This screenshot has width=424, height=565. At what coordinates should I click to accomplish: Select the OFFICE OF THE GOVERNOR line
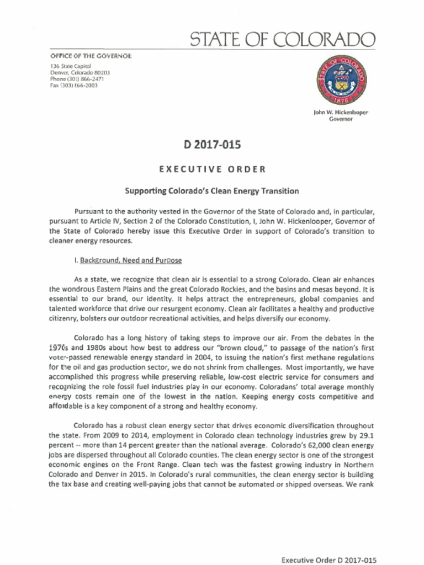(x=90, y=56)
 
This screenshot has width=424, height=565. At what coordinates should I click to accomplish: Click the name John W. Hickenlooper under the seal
(x=341, y=112)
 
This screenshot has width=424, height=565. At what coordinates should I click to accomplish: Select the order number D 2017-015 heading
(x=212, y=145)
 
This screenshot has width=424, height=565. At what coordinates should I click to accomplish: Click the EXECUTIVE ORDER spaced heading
(x=212, y=169)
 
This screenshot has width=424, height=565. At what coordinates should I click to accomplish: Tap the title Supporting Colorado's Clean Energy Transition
(x=212, y=191)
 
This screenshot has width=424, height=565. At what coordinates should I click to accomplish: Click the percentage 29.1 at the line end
(x=366, y=436)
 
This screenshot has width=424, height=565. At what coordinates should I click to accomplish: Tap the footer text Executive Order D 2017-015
(x=329, y=560)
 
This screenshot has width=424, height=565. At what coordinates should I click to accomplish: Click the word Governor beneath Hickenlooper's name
(x=341, y=119)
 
